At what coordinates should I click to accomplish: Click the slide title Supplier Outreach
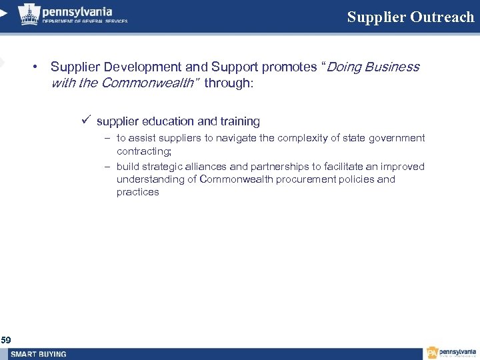point(410,17)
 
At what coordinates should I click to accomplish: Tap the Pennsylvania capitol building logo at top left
point(28,14)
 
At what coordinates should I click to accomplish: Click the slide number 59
point(6,340)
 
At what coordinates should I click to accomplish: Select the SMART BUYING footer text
point(39,354)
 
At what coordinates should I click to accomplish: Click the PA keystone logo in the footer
point(433,353)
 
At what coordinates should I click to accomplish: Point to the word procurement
point(303,179)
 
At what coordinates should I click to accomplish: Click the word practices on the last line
point(138,192)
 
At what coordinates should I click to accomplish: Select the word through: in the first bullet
point(229,83)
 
